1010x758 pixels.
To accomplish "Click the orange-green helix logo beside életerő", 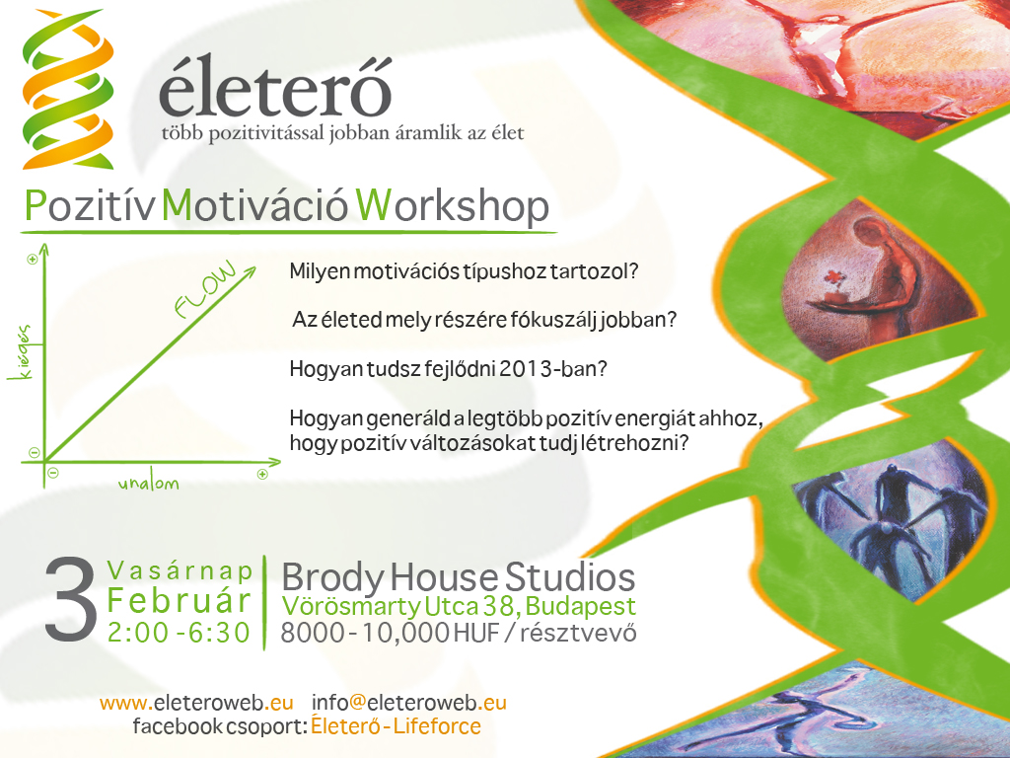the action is pyautogui.click(x=68, y=90).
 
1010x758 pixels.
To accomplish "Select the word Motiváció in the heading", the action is pyautogui.click(x=254, y=205).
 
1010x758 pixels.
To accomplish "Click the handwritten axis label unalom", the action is pyautogui.click(x=149, y=484).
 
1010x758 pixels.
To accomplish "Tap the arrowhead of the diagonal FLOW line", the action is pyautogui.click(x=250, y=272).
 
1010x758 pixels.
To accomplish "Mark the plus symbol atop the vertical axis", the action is pyautogui.click(x=33, y=260).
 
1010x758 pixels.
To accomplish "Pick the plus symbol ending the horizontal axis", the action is pyautogui.click(x=262, y=475).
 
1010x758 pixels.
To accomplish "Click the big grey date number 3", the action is pyautogui.click(x=71, y=601).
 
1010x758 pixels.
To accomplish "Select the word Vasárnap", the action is pyautogui.click(x=180, y=570).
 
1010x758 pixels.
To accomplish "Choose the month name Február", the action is pyautogui.click(x=180, y=601).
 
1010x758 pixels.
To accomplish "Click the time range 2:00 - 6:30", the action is pyautogui.click(x=179, y=633).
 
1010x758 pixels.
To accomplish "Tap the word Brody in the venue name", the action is pyautogui.click(x=332, y=577).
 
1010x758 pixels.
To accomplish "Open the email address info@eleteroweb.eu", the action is pyautogui.click(x=409, y=702).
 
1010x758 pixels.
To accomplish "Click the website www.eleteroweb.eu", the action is pyautogui.click(x=196, y=702).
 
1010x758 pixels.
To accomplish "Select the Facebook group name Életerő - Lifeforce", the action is pyautogui.click(x=396, y=725).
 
